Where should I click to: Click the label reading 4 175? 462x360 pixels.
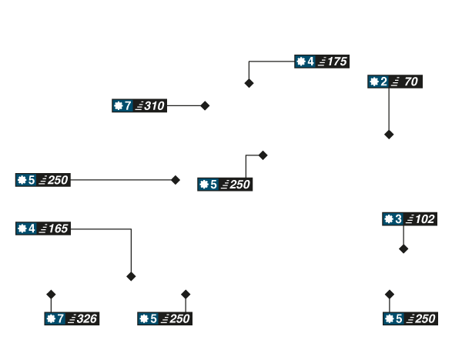point(322,62)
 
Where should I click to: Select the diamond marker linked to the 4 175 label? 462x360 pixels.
point(249,83)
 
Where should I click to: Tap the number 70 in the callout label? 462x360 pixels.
point(410,82)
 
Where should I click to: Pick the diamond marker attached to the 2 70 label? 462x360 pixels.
point(389,135)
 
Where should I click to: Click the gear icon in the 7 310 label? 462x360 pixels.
point(118,106)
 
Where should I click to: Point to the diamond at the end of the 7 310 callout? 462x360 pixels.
point(205,106)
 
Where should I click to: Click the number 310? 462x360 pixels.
point(154,106)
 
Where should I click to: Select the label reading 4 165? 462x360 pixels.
point(43,228)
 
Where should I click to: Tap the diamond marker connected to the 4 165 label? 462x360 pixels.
point(131,276)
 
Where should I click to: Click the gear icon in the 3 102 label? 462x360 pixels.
point(389,220)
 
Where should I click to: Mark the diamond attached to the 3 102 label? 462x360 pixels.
point(403,248)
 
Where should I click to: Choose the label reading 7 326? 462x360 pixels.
point(72,318)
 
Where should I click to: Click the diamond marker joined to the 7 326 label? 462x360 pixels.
point(51,294)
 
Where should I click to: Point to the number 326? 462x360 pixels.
point(86,318)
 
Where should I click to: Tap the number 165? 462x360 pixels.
point(58,228)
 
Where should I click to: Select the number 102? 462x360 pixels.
point(425,220)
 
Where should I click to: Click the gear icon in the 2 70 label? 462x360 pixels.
point(373,82)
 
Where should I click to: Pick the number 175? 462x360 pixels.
point(336,62)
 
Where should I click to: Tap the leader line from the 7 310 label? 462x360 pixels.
point(185,106)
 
